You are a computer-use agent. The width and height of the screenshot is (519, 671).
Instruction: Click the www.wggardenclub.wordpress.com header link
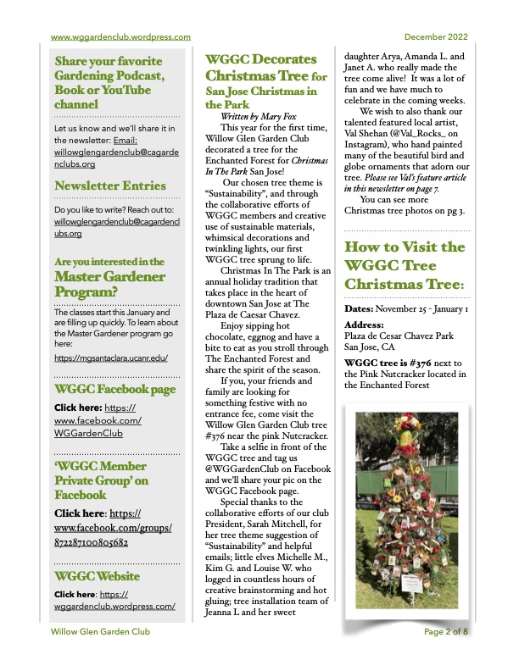(x=120, y=37)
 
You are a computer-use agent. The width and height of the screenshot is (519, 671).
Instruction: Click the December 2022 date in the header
(x=435, y=37)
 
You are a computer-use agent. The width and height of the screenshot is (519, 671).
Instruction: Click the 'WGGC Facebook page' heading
(x=114, y=389)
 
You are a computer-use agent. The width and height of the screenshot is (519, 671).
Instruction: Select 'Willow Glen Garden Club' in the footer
(x=99, y=655)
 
